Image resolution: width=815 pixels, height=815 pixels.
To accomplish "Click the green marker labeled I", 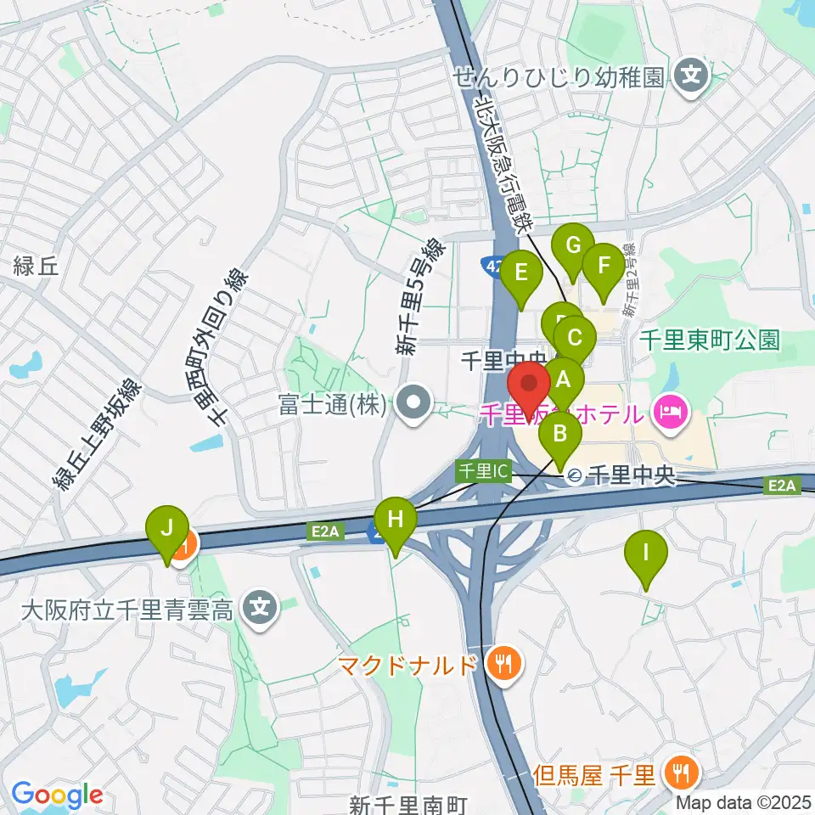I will pyautogui.click(x=646, y=554).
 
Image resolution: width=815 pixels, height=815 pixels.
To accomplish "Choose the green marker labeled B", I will pyautogui.click(x=560, y=435).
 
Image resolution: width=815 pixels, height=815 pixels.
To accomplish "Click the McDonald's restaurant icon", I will pyautogui.click(x=504, y=662).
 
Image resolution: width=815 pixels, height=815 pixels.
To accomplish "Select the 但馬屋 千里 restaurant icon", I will pyautogui.click(x=682, y=773).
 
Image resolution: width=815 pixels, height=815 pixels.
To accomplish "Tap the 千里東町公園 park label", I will pyautogui.click(x=709, y=340).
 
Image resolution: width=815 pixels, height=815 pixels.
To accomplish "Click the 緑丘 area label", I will pyautogui.click(x=36, y=267).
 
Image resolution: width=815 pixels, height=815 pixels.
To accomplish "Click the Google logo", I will pyautogui.click(x=57, y=795).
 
